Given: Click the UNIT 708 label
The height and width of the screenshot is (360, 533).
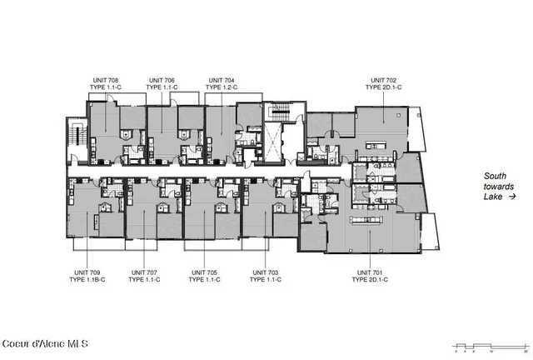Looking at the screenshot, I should pyautogui.click(x=104, y=79).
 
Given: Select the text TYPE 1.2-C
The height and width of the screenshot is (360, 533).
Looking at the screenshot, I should pyautogui.click(x=222, y=87).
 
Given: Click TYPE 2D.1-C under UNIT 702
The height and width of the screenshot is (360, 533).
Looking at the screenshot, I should pyautogui.click(x=385, y=87).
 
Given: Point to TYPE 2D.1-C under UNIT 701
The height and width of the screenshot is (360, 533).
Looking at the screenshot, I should pyautogui.click(x=373, y=280).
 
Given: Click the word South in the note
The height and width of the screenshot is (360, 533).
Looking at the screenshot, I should pyautogui.click(x=497, y=176).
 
